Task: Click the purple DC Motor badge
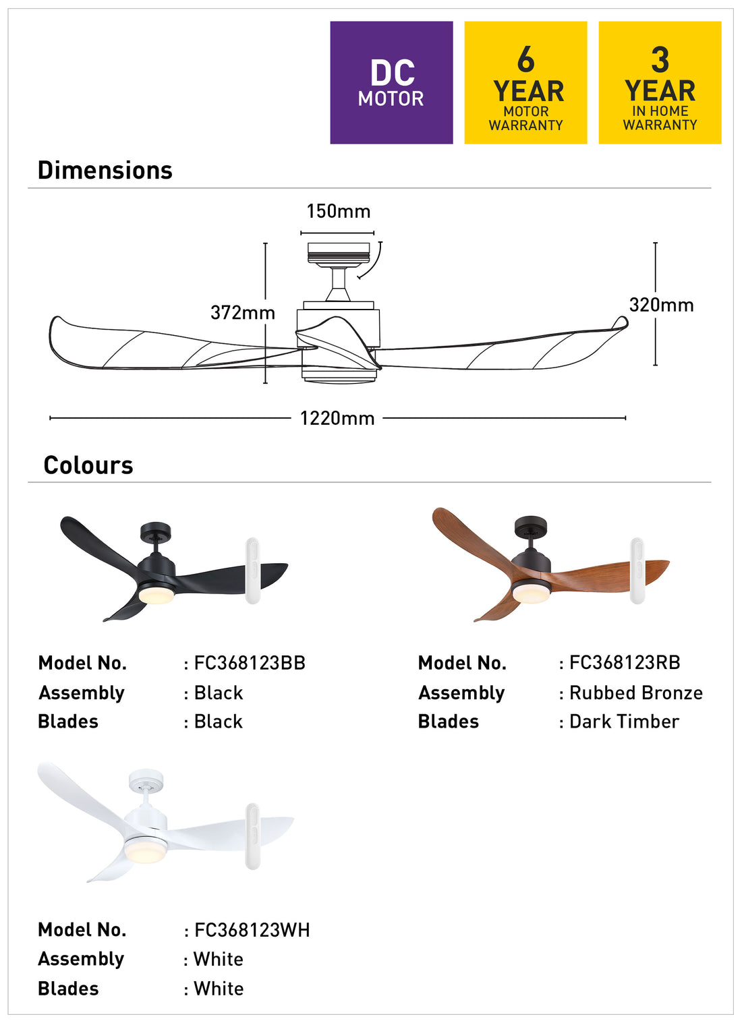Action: (x=391, y=82)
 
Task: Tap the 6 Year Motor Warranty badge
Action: (x=525, y=82)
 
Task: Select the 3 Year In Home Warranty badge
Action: (x=660, y=82)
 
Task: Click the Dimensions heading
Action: (x=105, y=171)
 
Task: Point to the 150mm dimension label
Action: (x=339, y=212)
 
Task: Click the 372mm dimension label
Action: (x=242, y=313)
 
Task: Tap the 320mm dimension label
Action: (x=661, y=305)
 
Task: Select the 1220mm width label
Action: (x=337, y=418)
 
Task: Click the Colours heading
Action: (x=88, y=465)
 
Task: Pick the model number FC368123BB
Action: (x=250, y=663)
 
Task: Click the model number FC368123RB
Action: (x=625, y=662)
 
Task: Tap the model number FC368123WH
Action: (x=252, y=930)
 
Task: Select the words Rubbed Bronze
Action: (x=635, y=693)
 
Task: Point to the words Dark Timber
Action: (x=624, y=722)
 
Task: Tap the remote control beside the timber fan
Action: (x=637, y=571)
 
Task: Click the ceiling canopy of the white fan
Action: (x=146, y=780)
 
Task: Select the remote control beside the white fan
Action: (x=252, y=836)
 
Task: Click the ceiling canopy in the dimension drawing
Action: (x=339, y=253)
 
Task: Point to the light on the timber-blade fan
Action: (x=532, y=593)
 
